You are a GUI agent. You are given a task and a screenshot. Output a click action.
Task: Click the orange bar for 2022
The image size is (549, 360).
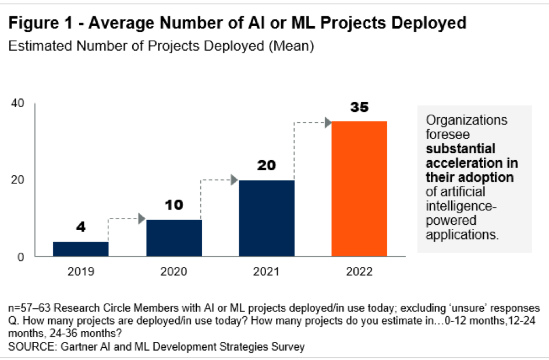[359, 189]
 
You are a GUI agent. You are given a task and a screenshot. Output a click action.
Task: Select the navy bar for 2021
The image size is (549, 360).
[266, 218]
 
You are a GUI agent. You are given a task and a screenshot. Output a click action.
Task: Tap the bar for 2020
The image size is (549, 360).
[174, 238]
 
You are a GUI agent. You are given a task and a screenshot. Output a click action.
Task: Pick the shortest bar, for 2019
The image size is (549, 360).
[81, 249]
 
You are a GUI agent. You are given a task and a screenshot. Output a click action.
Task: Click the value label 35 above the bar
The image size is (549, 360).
[359, 108]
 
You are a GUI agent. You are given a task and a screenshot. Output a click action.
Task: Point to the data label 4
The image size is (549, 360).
[81, 227]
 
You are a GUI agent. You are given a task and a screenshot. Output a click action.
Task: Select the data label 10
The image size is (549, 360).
[174, 205]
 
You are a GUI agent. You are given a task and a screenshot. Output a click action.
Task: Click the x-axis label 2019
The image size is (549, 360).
[81, 271]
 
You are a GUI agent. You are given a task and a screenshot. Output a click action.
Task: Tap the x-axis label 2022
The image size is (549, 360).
[359, 271]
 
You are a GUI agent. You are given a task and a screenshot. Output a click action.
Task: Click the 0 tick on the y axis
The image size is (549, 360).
[20, 257]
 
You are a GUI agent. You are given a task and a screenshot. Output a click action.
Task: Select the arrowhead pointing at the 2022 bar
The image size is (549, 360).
[328, 122]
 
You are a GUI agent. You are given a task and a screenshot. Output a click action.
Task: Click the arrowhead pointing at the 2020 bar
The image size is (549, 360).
[141, 219]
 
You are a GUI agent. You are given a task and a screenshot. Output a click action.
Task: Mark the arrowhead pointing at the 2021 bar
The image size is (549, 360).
[234, 180]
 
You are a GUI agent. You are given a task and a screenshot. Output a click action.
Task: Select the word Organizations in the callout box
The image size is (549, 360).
[466, 121]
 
